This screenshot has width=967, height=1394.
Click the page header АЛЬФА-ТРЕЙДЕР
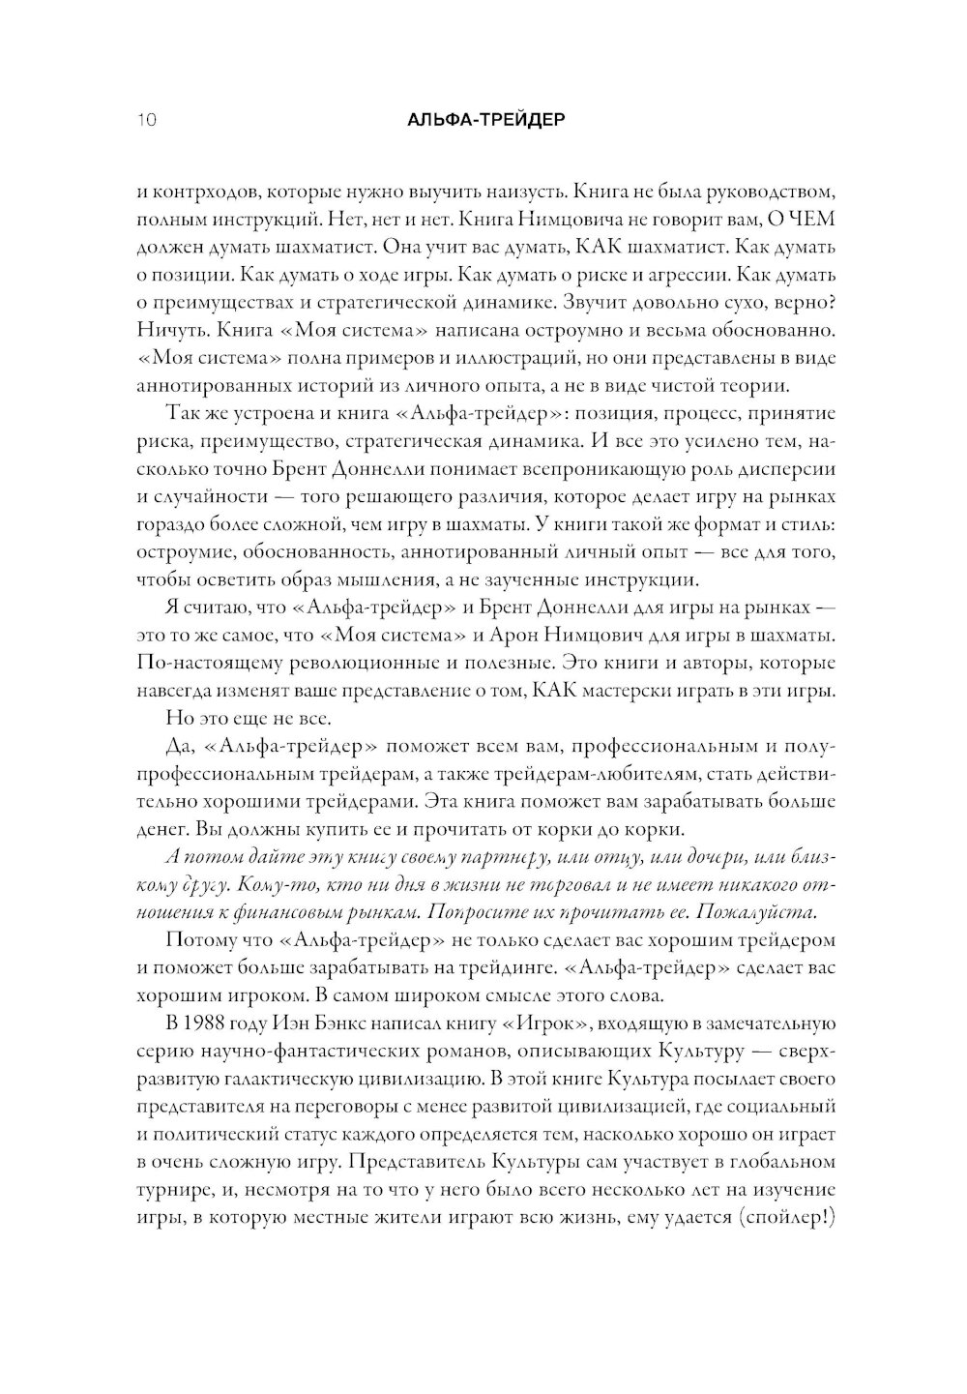coord(483,122)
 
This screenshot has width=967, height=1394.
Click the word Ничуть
coord(165,330)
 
